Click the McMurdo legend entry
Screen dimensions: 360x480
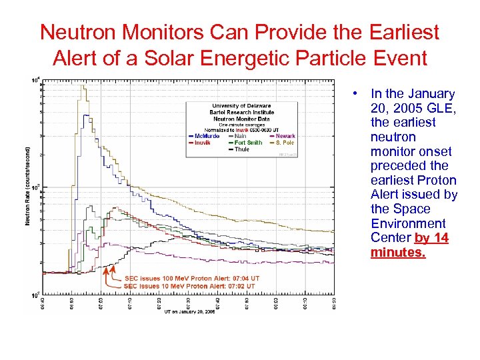205,137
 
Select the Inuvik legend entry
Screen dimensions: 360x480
201,143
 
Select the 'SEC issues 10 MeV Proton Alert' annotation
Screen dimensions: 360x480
189,285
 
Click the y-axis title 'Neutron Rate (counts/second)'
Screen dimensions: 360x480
29,186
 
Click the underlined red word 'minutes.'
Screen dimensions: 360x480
398,253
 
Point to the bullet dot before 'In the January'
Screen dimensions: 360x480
358,94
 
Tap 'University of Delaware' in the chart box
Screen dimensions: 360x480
241,106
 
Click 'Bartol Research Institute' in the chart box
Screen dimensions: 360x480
241,112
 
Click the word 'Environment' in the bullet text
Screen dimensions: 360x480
408,223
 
